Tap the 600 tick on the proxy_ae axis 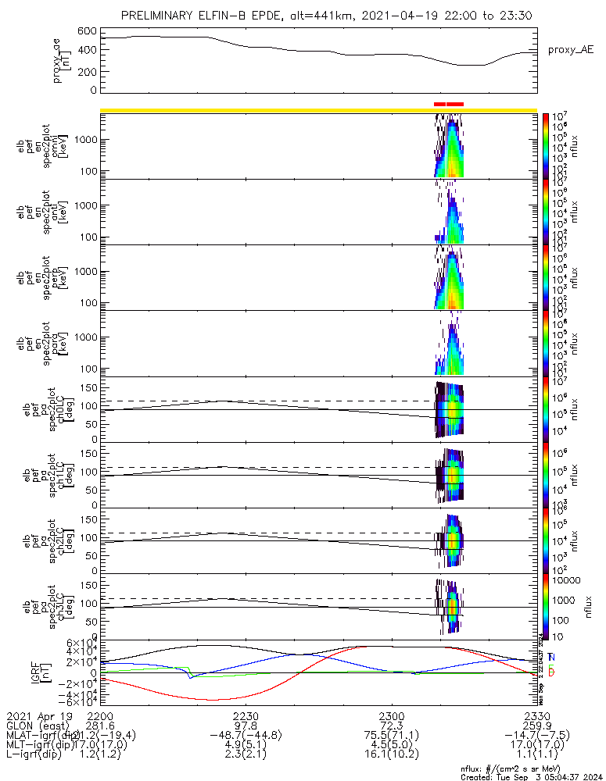(x=86, y=31)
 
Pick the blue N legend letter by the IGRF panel (x=551, y=657)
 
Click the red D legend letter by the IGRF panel (x=551, y=672)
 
